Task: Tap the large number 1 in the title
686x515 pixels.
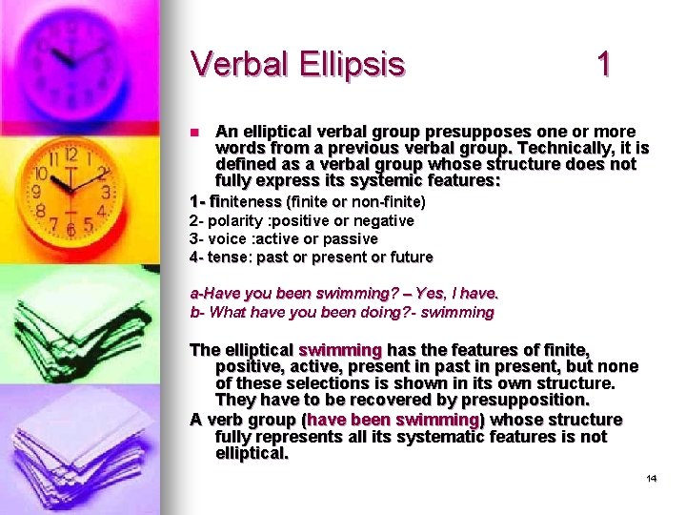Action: (602, 64)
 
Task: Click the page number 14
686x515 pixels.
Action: (652, 478)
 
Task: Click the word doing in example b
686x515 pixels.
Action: (387, 312)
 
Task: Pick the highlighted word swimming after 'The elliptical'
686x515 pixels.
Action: (340, 350)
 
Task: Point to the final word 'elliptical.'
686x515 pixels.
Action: (252, 454)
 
